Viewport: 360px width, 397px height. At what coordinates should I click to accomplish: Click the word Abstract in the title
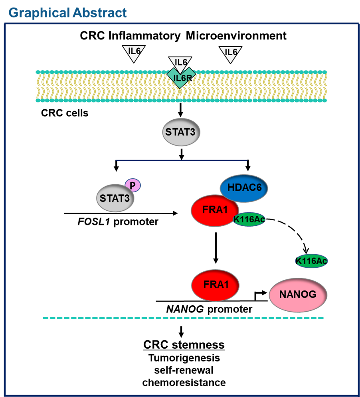pos(100,13)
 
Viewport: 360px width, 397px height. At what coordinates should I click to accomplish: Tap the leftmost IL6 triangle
pos(133,53)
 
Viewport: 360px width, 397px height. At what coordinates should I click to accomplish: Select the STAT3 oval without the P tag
pos(181,132)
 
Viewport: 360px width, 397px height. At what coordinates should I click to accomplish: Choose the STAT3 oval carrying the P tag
pos(115,198)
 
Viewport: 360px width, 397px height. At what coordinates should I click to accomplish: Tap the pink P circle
pos(133,185)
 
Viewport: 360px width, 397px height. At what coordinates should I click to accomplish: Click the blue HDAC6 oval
pos(244,188)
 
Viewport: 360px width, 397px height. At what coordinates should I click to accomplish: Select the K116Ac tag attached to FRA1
pos(249,219)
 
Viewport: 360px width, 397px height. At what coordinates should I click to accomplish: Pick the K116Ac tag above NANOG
pos(311,261)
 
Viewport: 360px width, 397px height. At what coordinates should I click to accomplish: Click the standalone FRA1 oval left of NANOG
pos(215,285)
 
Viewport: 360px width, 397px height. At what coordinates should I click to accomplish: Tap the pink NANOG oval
pos(298,295)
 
